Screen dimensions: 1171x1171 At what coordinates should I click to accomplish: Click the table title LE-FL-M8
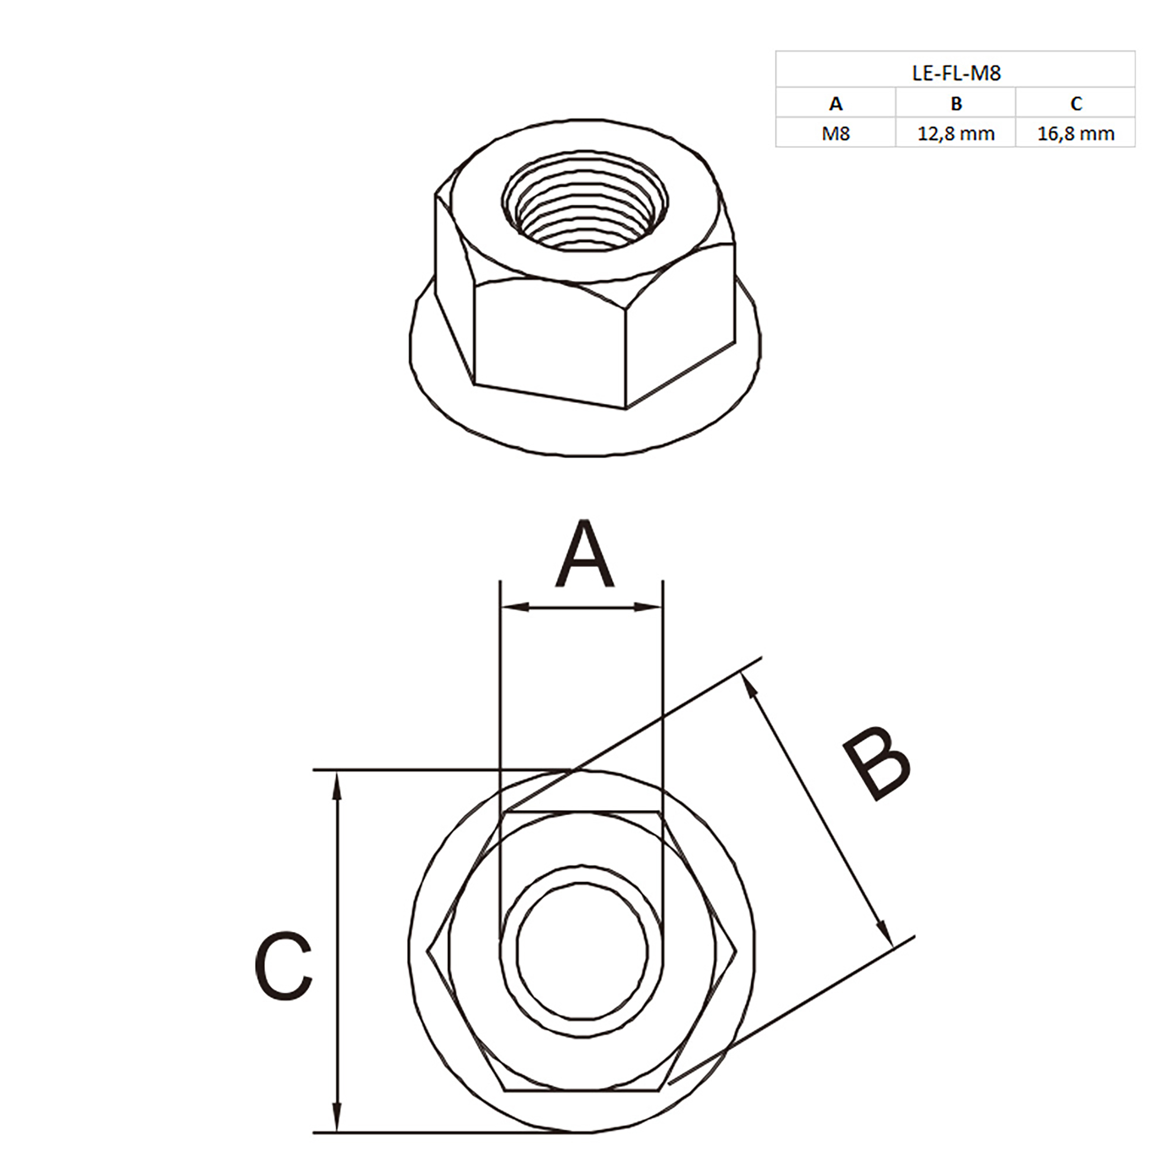(956, 74)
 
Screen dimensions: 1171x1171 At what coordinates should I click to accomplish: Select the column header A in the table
(835, 104)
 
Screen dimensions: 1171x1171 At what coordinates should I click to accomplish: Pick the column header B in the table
(956, 104)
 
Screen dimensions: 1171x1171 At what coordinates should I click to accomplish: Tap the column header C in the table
(1076, 104)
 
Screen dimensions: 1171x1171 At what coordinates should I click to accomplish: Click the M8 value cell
(835, 133)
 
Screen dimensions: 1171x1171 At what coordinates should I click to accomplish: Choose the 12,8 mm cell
(956, 133)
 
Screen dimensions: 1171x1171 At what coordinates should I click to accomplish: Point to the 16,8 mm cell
(1076, 133)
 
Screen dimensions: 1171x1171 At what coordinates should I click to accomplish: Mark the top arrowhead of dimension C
(338, 785)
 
